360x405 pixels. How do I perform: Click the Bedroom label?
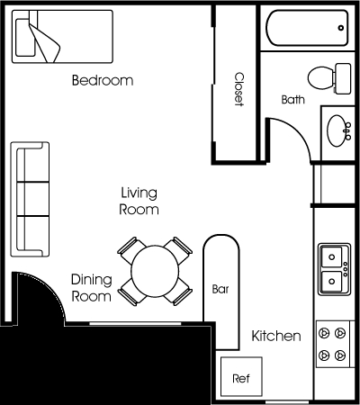point(103,80)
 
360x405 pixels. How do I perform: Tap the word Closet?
point(239,89)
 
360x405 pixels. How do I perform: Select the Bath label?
point(293,99)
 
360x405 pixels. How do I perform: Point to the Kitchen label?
point(276,336)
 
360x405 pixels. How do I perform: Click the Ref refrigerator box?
point(241,377)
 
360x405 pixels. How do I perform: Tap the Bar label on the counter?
point(220,289)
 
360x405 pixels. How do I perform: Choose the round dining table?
point(155,271)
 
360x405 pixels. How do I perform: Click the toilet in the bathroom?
point(329,78)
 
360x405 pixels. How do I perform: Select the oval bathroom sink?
point(337,130)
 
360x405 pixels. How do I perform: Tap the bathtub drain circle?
point(341,28)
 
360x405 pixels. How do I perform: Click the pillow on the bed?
point(24,38)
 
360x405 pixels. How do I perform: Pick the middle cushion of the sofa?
point(33,199)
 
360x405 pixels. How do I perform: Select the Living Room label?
point(139,201)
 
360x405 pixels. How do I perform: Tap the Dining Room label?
point(92,288)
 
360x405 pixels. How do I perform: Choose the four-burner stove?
point(333,344)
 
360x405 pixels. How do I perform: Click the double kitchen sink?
point(334,269)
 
